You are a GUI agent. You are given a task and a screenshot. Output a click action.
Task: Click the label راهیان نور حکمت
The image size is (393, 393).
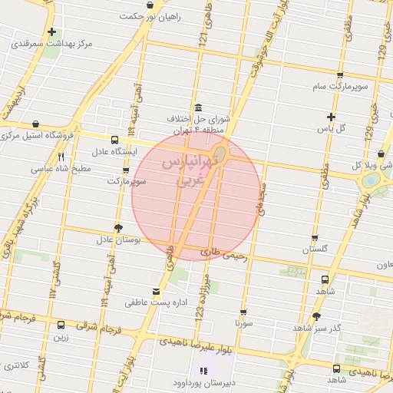click(160, 16)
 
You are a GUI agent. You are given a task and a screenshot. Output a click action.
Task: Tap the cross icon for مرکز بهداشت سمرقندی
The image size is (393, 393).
click(51, 32)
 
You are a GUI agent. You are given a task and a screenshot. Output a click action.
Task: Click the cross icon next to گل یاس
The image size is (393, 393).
click(331, 117)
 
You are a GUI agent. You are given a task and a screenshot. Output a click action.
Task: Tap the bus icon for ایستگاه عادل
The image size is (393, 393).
click(114, 140)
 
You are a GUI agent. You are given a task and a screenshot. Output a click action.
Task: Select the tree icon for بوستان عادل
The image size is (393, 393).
click(117, 228)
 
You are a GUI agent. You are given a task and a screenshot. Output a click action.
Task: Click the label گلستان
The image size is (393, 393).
click(315, 250)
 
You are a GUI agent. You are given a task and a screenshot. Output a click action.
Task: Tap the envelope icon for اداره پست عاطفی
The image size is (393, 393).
click(157, 291)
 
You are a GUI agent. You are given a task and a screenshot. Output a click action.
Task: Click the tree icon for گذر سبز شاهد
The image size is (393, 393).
click(317, 316)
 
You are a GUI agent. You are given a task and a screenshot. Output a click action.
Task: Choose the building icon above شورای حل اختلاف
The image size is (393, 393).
click(199, 107)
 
